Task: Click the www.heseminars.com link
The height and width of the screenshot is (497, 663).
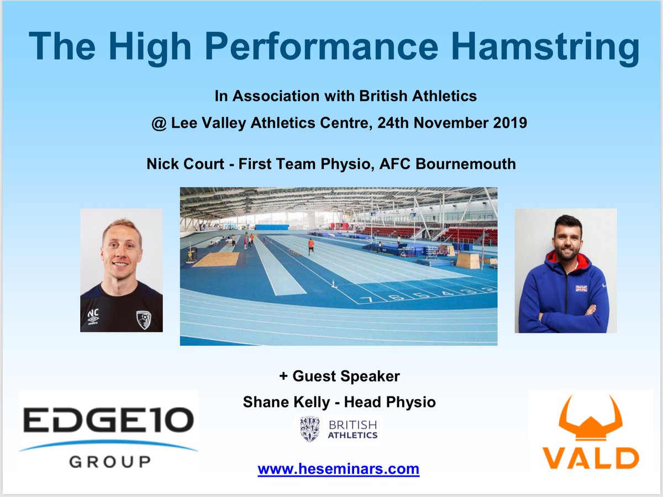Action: point(338,469)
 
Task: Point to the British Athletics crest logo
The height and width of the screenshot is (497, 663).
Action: point(309,429)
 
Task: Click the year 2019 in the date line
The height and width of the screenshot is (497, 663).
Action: point(507,123)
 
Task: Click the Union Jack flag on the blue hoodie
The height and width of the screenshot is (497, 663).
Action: point(581,288)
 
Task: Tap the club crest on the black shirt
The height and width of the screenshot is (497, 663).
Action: point(144,319)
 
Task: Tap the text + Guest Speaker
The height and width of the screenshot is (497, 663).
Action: point(339,377)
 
